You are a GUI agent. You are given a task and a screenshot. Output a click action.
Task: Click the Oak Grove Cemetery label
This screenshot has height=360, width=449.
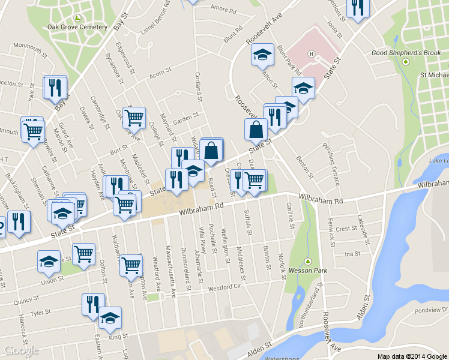[x=77, y=27]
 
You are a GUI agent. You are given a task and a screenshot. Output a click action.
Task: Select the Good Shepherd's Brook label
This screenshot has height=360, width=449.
[x=405, y=53]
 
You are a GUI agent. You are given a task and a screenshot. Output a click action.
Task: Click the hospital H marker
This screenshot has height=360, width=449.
[x=311, y=54]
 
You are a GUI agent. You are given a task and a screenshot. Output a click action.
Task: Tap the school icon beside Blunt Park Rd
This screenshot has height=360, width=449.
[x=262, y=55]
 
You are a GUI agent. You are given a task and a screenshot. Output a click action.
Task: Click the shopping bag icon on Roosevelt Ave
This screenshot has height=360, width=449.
[x=256, y=130]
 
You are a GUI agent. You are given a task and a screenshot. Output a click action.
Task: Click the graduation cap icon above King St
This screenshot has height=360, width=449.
[x=110, y=318]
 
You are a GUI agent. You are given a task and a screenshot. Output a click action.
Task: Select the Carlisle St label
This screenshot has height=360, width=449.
[x=291, y=215]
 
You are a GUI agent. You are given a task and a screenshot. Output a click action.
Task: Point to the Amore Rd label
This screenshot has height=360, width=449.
[x=224, y=8]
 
